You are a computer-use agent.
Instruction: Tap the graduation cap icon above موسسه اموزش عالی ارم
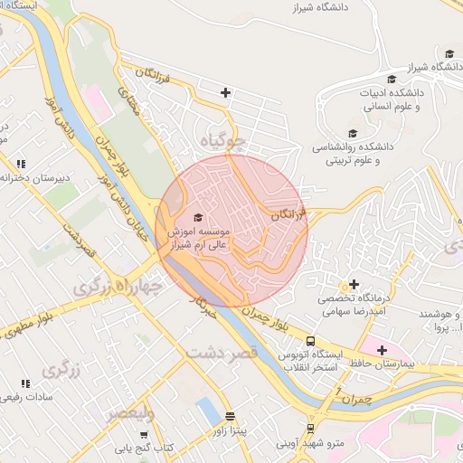click(x=199, y=217)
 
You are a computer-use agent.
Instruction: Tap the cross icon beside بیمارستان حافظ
click(x=382, y=350)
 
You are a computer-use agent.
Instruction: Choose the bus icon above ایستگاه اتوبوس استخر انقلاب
click(x=311, y=341)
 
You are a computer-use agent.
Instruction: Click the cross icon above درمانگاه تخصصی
click(x=354, y=285)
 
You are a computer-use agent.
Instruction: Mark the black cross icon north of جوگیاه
click(x=225, y=92)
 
